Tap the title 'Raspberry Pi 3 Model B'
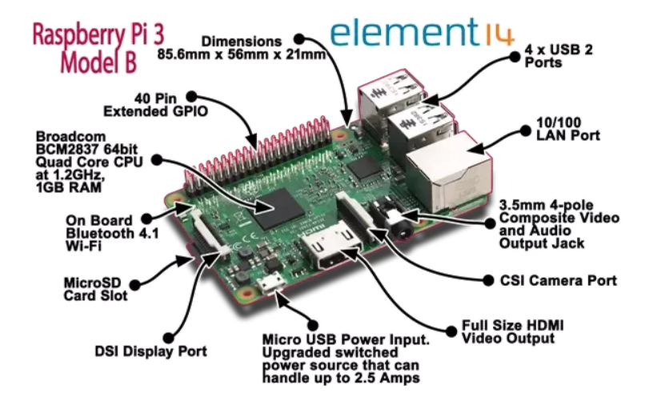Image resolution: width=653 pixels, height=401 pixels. click(x=98, y=48)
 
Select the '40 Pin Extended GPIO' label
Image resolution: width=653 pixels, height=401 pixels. click(x=155, y=105)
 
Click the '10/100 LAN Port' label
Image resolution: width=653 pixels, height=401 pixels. click(x=568, y=129)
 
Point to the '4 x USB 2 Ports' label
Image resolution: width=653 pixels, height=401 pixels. click(x=558, y=56)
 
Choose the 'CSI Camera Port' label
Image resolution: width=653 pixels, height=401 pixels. click(x=558, y=280)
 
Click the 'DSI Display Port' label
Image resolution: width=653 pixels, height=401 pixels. click(x=150, y=351)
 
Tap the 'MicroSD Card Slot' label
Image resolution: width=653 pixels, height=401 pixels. click(x=96, y=289)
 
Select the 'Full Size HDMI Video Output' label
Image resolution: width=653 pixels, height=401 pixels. click(x=513, y=331)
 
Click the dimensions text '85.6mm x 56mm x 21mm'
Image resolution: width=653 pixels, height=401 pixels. click(x=241, y=54)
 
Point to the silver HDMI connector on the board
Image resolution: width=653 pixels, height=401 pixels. click(x=331, y=249)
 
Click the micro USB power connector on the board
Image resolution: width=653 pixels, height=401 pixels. click(x=271, y=283)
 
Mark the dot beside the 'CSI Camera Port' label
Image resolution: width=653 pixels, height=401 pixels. click(x=488, y=280)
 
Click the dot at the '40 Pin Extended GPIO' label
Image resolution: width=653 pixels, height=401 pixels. click(x=191, y=97)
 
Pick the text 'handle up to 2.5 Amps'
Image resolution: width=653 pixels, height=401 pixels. click(x=341, y=378)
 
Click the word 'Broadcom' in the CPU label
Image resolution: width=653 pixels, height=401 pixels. click(x=70, y=137)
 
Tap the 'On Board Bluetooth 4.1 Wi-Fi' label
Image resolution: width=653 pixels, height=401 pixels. click(x=112, y=233)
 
